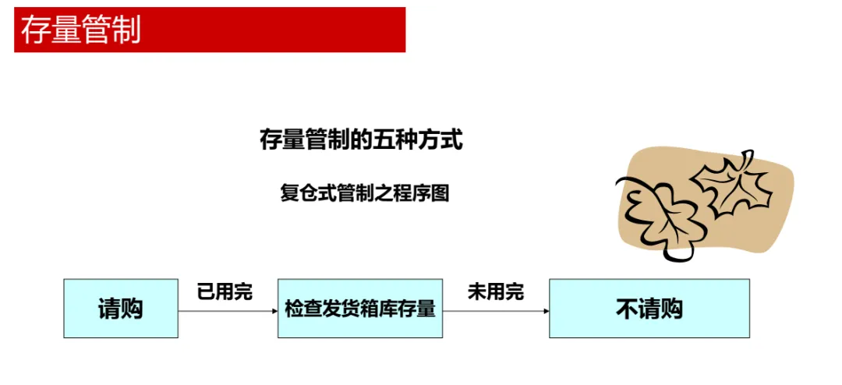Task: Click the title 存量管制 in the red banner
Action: (81, 30)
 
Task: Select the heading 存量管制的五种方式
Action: (361, 141)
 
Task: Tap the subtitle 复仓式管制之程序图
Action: (364, 192)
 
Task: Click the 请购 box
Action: (121, 309)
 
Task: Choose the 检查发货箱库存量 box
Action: (360, 309)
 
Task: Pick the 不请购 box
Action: (649, 309)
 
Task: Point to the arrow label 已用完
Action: (225, 293)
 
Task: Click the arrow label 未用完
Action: (495, 293)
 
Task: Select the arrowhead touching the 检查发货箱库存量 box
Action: (274, 311)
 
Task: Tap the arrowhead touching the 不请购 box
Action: (546, 311)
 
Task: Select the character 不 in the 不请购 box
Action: (627, 309)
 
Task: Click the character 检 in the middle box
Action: (294, 309)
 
